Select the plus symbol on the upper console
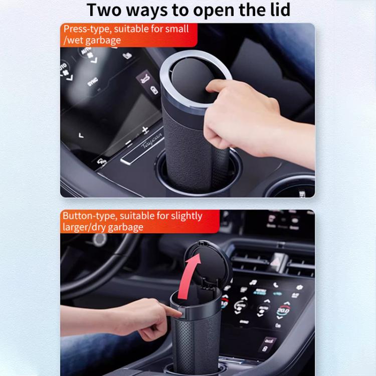point(145,130)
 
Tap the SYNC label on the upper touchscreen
point(93,82)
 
